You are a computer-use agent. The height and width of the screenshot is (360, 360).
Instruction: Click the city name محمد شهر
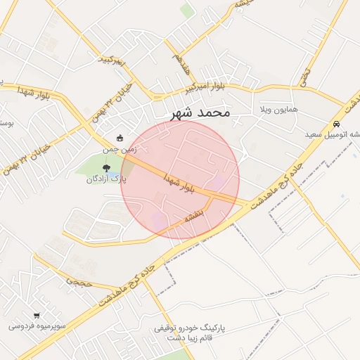[x=200, y=112]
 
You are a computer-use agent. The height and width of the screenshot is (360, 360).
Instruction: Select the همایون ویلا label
[x=279, y=110]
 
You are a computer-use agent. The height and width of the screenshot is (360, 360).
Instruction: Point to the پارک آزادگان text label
[x=105, y=179]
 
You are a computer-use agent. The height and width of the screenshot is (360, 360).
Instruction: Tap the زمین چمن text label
[x=118, y=149]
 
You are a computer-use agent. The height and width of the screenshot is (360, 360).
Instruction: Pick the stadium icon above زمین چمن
[x=120, y=137]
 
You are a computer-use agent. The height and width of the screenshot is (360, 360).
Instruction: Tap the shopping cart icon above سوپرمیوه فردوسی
[x=36, y=316]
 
